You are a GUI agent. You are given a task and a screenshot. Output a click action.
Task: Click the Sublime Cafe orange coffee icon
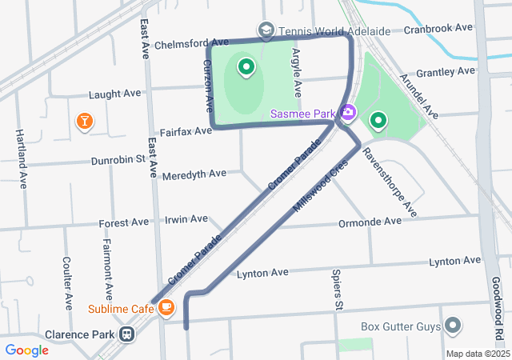(166, 307)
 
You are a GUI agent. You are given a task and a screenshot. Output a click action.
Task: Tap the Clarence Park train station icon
(126, 334)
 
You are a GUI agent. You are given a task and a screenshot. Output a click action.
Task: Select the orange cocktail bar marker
(84, 121)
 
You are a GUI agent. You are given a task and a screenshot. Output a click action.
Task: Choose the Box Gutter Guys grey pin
(454, 326)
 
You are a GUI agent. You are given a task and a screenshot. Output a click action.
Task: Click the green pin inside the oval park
(246, 69)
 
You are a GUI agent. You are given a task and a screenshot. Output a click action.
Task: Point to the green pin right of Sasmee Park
(378, 121)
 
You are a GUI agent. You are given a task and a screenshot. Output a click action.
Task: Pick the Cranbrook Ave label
(438, 28)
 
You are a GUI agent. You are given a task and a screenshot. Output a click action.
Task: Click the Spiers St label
(337, 290)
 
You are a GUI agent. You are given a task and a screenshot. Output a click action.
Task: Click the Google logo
(26, 350)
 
